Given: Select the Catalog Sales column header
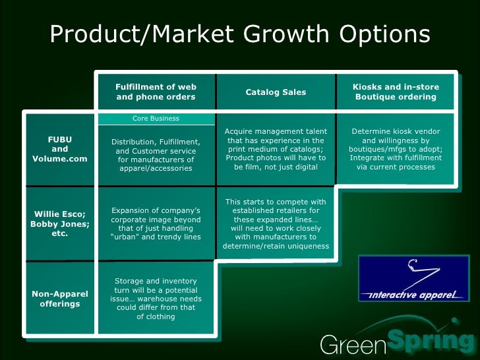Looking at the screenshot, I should [x=276, y=92].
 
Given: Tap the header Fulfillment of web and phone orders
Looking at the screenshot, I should [x=156, y=92].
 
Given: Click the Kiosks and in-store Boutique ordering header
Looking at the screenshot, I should [x=396, y=92].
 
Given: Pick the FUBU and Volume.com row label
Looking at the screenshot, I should [x=60, y=149].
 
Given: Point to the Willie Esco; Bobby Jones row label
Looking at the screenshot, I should [x=60, y=223].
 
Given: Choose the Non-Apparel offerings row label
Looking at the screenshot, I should [x=60, y=299].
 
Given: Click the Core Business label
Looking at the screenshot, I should [x=156, y=119].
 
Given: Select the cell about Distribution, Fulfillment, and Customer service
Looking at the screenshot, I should [x=156, y=155].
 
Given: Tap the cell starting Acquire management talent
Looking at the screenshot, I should [x=276, y=149].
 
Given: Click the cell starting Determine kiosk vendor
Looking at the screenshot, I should [x=396, y=149].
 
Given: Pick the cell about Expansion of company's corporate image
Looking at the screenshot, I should [x=156, y=224].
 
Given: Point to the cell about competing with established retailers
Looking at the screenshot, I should [x=276, y=224].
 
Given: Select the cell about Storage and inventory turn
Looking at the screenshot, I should [x=156, y=299].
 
